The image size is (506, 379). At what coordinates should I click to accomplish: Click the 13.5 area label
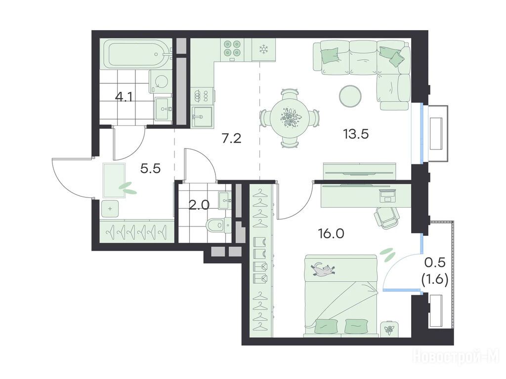356,133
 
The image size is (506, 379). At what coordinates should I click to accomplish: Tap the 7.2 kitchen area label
232,139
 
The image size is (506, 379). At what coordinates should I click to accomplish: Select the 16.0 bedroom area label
331,233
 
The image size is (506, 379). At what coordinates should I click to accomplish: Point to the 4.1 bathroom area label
124,97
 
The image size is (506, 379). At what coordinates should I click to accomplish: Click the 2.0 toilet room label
199,205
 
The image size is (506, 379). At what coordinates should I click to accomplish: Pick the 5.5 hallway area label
151,168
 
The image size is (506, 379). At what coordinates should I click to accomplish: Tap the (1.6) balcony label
435,280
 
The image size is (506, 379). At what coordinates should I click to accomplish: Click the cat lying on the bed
323,269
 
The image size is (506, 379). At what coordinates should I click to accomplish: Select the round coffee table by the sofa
350,95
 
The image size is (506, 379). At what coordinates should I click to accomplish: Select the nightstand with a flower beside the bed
389,329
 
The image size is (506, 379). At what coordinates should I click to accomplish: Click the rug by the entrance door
114,180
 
